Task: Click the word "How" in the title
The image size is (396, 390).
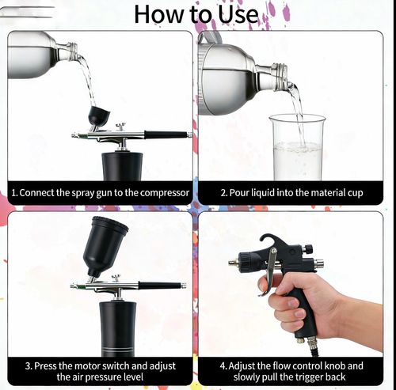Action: (158, 14)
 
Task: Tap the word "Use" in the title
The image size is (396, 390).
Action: (234, 14)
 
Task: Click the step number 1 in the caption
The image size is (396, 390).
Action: (14, 192)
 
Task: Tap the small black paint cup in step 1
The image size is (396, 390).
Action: (99, 116)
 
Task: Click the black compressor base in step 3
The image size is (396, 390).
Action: (118, 328)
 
